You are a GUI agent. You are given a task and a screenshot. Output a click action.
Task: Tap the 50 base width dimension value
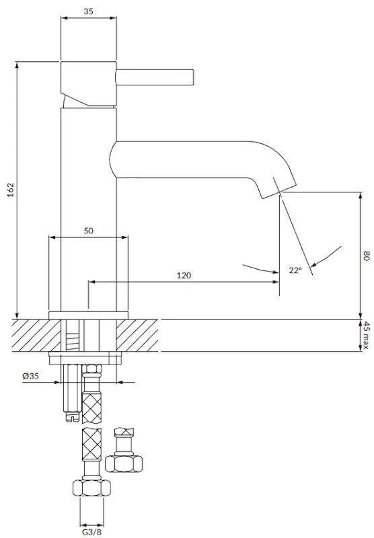tap(89, 231)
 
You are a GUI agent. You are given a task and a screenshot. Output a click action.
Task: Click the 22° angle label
tap(295, 270)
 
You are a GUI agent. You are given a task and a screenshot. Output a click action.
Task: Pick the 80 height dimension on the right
tap(367, 256)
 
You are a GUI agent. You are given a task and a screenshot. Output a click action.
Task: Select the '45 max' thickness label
tap(367, 336)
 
